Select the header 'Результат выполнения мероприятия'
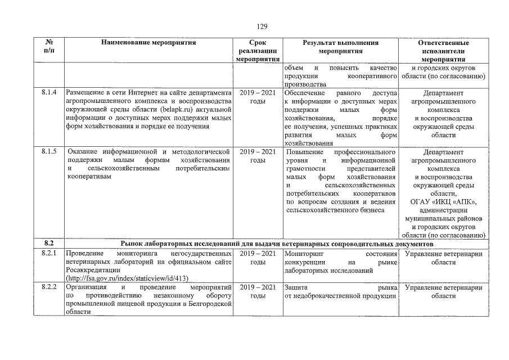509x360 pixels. [x=340, y=47]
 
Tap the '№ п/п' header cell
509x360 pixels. [x=49, y=47]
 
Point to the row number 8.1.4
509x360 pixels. [x=49, y=93]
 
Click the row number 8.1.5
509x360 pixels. [x=49, y=152]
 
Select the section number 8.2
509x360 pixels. [x=49, y=244]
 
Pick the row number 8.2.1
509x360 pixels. [x=49, y=254]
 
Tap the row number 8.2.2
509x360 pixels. [x=49, y=287]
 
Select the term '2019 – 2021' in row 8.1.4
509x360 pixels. [x=258, y=93]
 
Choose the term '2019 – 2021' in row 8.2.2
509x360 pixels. [x=258, y=287]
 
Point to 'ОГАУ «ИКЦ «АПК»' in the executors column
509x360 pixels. [x=443, y=202]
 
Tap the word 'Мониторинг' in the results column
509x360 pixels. [x=304, y=254]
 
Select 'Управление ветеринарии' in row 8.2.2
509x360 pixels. [x=443, y=287]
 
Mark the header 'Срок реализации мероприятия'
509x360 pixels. [x=258, y=51]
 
